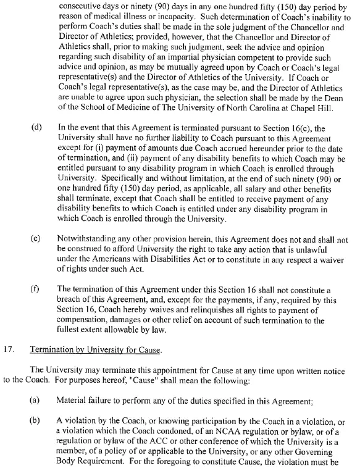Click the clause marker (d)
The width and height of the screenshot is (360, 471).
click(x=36, y=127)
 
